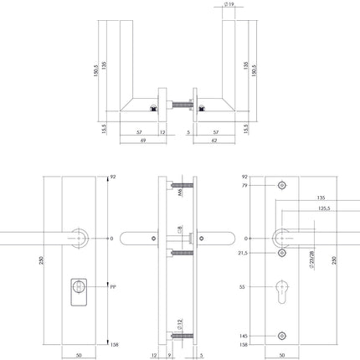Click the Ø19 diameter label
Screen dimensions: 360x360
229,5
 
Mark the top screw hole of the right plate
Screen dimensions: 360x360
282,185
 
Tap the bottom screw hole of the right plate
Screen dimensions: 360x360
282,335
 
